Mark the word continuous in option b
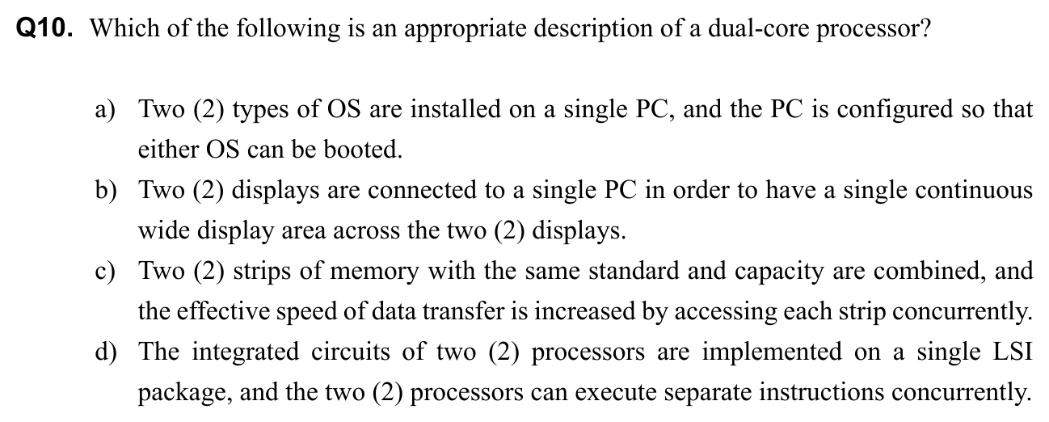[974, 190]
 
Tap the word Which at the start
[116, 29]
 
